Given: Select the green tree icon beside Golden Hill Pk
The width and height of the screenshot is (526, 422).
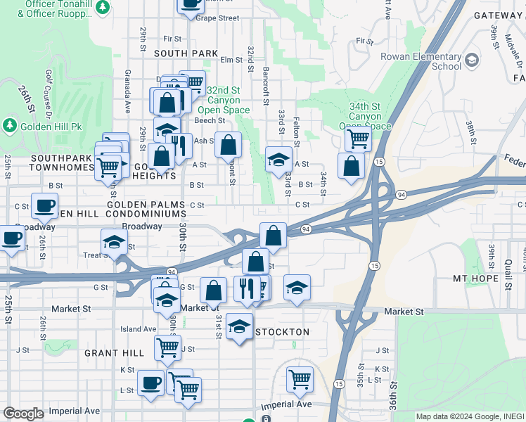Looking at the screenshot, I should (10, 126).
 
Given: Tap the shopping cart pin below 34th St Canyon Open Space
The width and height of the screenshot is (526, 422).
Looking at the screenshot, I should (359, 139).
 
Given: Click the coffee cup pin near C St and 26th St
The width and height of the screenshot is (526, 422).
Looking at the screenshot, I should (45, 205).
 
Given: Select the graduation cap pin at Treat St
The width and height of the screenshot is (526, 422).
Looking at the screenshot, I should (114, 241).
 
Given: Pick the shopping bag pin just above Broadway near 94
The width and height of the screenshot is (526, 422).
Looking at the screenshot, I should (273, 235).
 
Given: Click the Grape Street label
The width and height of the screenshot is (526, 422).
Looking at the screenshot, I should (217, 18).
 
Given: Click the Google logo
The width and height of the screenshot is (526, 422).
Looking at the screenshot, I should (23, 414).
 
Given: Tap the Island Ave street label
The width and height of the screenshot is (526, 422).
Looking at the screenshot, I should (139, 328).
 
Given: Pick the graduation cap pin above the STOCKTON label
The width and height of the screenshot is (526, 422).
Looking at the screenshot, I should (240, 326).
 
